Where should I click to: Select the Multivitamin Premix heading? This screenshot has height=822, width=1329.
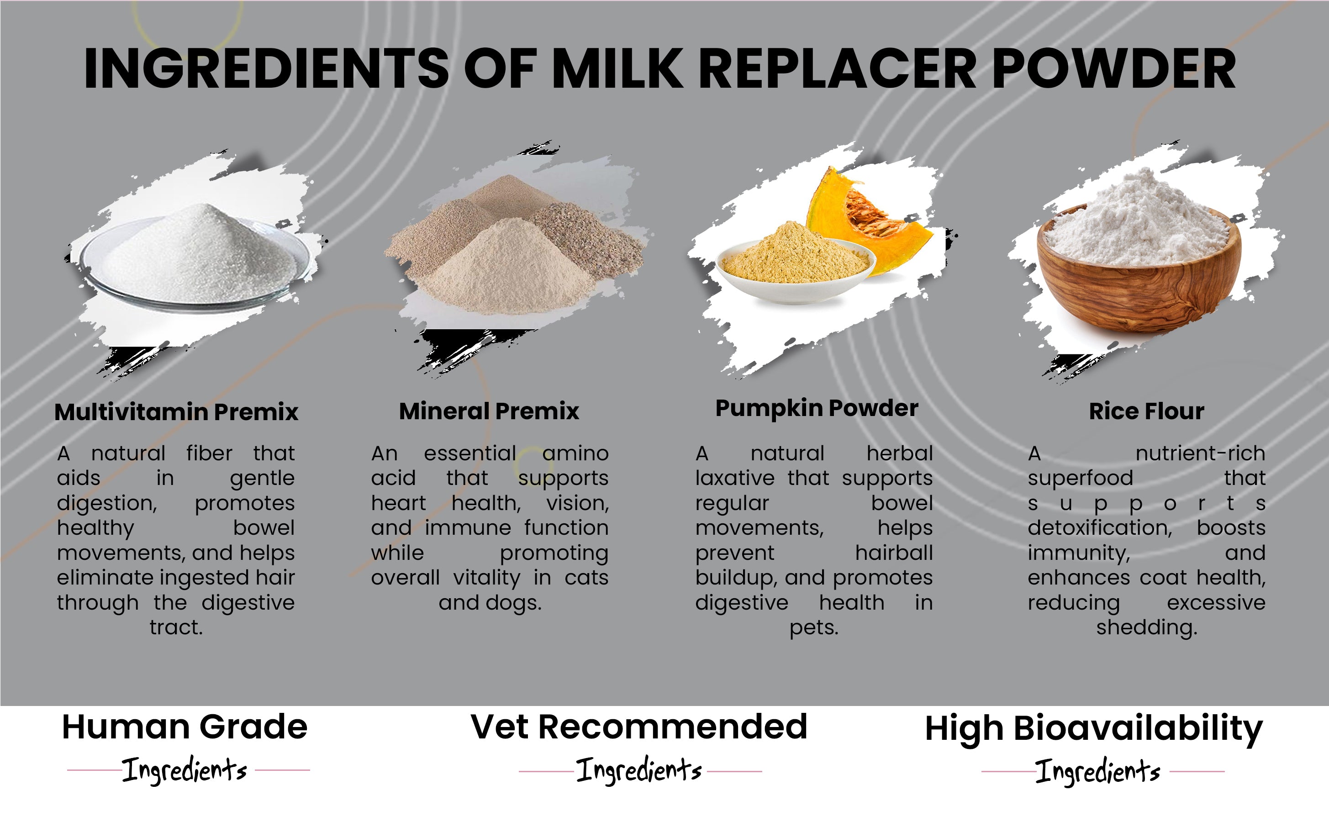point(176,412)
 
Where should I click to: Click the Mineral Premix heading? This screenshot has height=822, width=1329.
point(489,411)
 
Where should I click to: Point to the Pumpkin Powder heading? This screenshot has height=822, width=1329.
point(817,409)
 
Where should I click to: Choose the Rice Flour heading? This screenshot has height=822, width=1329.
point(1146,411)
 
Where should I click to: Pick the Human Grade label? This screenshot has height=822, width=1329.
point(185,727)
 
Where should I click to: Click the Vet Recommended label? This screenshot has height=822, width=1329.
point(639,727)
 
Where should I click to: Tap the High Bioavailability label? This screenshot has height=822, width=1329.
point(1094,730)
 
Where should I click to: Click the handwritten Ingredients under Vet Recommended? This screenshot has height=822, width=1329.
point(639,770)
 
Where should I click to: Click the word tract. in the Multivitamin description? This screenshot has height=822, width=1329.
point(176,627)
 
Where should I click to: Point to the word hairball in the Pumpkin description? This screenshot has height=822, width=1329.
point(894,553)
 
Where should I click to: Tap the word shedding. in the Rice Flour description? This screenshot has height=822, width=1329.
point(1147,628)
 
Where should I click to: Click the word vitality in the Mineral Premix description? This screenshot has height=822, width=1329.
point(486,578)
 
